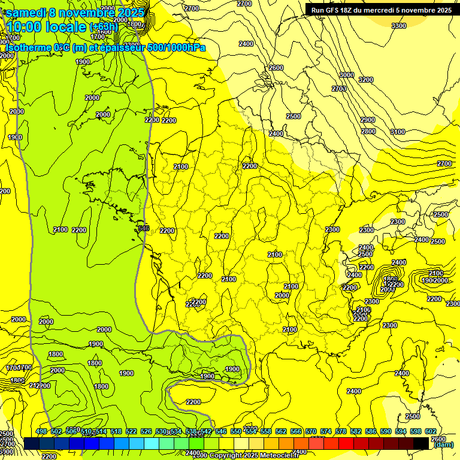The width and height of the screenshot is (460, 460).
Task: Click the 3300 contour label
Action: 398,26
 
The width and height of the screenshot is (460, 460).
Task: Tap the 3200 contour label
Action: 365,80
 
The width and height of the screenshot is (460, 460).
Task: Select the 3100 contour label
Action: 397,132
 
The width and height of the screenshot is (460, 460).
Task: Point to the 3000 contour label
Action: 346,75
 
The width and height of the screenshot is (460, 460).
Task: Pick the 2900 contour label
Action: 368,120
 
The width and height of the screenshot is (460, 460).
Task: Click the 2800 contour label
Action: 368,131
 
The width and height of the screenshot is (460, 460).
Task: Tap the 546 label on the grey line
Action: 143,228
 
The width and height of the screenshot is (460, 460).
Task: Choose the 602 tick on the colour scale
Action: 430,431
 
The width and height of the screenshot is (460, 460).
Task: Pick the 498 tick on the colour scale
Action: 41,431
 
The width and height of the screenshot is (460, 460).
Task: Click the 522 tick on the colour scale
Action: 131,431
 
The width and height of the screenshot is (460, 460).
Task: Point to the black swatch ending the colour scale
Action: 421,443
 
